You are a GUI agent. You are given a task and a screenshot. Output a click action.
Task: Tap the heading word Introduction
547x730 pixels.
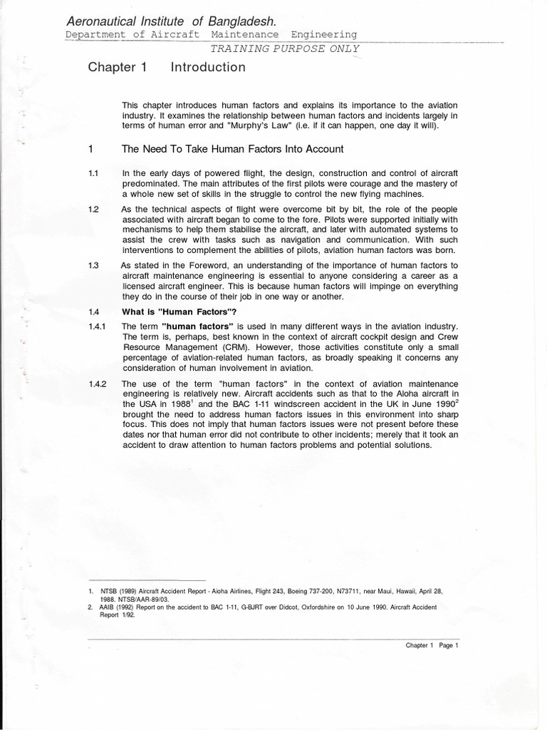(208, 68)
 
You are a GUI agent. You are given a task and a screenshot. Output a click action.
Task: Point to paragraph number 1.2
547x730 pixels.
(93, 210)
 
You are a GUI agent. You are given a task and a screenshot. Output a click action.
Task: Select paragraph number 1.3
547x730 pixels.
(93, 264)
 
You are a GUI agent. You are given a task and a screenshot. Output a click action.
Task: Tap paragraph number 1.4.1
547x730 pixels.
(97, 327)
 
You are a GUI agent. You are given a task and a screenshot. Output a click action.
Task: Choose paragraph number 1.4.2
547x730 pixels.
(97, 384)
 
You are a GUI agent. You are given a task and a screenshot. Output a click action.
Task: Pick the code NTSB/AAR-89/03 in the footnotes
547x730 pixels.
(147, 600)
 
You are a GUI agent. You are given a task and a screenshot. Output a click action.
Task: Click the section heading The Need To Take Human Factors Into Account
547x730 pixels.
(233, 149)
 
